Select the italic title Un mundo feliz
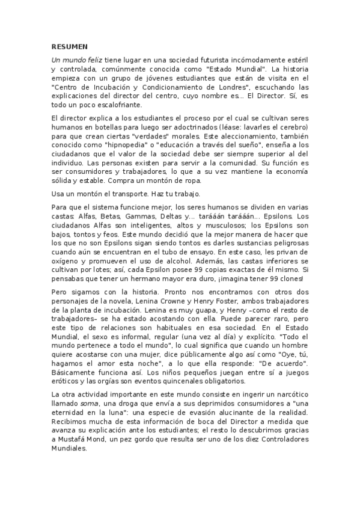click(x=76, y=61)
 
